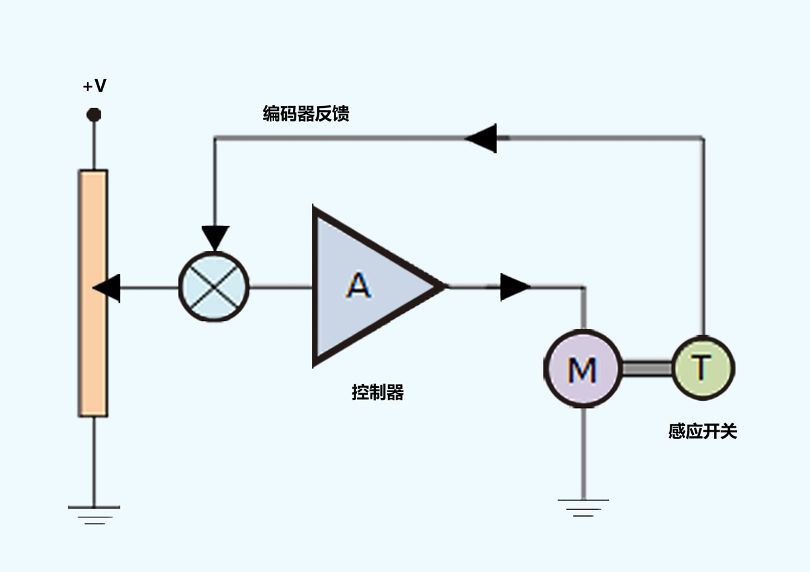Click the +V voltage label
(x=94, y=86)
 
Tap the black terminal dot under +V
(x=94, y=115)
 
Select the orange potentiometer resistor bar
(x=93, y=293)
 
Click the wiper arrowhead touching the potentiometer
(x=107, y=288)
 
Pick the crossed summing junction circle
(x=214, y=287)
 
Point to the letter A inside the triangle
(x=358, y=285)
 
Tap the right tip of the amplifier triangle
(x=445, y=287)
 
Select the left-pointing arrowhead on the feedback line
(x=481, y=138)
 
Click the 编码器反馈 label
(x=306, y=113)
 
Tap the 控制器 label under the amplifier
(x=378, y=393)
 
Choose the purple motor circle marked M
(x=583, y=368)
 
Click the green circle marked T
(x=703, y=368)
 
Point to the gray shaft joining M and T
(x=647, y=368)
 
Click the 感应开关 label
(x=703, y=432)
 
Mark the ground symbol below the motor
(x=583, y=508)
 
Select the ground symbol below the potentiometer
(x=94, y=515)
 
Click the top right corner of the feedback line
(x=703, y=138)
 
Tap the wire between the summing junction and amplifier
(x=281, y=287)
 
